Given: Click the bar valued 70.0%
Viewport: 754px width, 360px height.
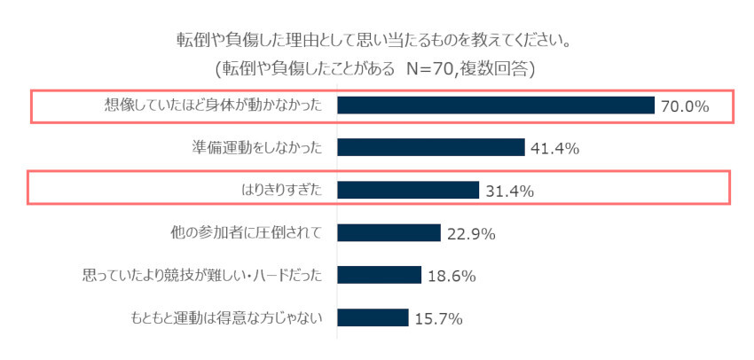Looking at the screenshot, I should coord(496,106).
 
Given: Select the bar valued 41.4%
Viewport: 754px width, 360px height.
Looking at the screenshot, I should coord(431,147).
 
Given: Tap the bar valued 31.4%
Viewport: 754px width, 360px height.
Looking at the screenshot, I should coord(408,190).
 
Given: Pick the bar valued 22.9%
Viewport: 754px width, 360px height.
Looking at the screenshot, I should coord(389,232).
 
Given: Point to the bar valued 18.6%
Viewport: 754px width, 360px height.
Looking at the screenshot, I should coord(379,275).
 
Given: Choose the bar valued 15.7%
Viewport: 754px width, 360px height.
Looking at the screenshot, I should coord(373,317).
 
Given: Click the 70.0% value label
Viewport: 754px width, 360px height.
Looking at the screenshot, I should coord(685,106).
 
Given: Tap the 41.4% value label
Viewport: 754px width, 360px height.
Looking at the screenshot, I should coord(554,148).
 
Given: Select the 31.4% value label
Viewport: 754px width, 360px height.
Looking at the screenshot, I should coord(508,191).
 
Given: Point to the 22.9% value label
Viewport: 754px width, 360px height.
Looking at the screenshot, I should coord(470,233).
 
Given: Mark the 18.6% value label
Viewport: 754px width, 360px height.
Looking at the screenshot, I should coord(451,276).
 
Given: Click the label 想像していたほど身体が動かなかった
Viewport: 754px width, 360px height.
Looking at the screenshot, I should coord(212,106).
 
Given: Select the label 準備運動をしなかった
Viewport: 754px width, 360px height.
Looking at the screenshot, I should coord(255,147).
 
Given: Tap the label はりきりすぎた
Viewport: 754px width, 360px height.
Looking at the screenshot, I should coord(278,190).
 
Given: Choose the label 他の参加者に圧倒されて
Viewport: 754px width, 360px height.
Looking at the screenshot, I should coord(242,232).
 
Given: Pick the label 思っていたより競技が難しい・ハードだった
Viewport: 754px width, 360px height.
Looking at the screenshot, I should coord(200,275).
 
